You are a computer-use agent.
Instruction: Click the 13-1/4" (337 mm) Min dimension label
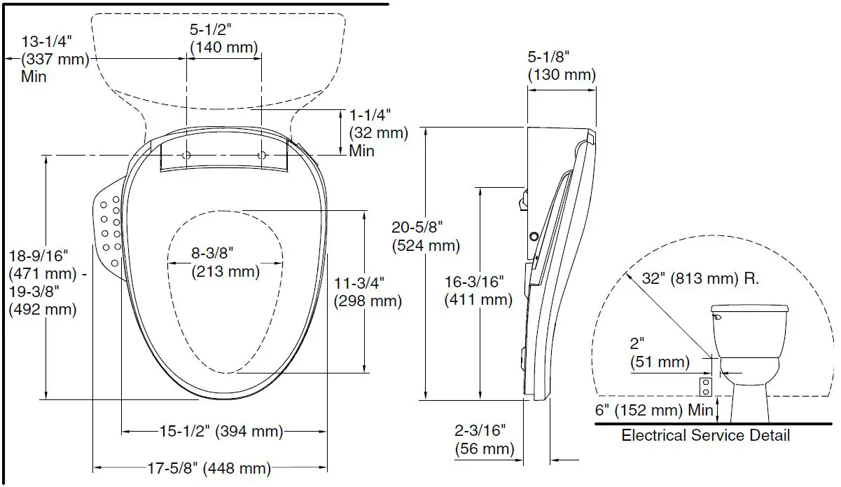tap(47, 59)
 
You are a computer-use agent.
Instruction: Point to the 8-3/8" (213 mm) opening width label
tap(225, 261)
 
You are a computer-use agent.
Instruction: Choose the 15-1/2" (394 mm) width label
tap(220, 431)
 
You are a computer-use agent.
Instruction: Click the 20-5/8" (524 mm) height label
tap(426, 236)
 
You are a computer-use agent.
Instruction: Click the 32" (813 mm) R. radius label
tap(700, 277)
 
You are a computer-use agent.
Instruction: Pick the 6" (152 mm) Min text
tap(653, 410)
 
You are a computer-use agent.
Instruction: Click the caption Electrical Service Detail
tap(705, 435)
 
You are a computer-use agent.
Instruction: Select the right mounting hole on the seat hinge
tap(261, 155)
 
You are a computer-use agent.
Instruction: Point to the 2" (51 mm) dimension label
tap(660, 353)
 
